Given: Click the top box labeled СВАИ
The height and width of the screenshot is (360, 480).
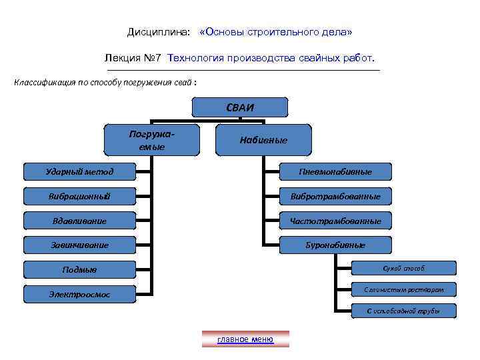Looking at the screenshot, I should (240, 107).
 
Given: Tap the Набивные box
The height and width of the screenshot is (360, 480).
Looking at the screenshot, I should (263, 140).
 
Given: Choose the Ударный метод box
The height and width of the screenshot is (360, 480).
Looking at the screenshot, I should (79, 172).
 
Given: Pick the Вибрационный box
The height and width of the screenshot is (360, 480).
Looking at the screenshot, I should (79, 196).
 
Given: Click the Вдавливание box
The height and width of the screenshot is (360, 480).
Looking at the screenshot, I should (79, 221).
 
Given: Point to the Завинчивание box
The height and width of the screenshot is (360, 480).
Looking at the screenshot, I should (79, 245).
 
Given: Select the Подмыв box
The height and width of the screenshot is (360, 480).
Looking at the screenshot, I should (79, 269).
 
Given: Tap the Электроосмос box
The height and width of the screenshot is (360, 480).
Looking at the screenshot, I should (79, 294).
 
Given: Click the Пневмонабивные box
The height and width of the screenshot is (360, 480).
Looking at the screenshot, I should (335, 172).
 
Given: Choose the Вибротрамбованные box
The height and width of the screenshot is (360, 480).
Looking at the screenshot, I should (335, 196).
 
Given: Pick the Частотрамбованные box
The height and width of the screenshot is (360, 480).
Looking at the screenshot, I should (335, 221).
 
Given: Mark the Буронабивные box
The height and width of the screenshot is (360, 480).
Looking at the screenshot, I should (335, 245).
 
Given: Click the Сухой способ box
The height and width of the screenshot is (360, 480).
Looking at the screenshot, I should (403, 268).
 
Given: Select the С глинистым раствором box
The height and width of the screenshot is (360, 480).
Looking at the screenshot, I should (403, 289).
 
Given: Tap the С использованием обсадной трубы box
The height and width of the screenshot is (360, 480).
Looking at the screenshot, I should (403, 311).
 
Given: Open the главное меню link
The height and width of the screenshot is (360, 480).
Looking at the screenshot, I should (245, 339).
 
